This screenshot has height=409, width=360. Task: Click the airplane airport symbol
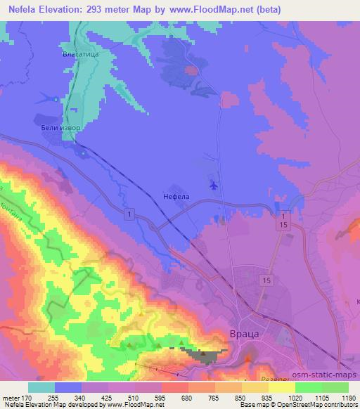click(x=213, y=186)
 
